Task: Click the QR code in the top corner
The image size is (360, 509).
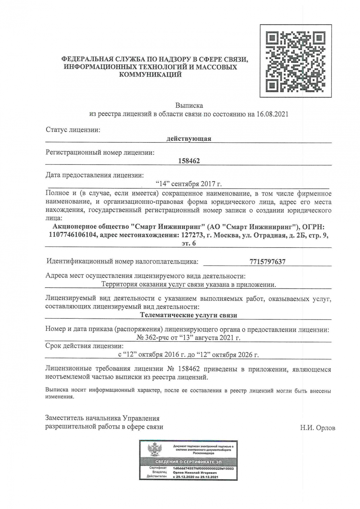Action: click(296, 61)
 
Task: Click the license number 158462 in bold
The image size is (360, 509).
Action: click(189, 161)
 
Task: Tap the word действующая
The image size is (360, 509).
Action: click(189, 139)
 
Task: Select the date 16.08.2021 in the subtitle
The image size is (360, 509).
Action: click(272, 114)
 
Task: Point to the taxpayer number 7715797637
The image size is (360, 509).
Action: click(267, 262)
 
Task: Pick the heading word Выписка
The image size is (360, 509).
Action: click(189, 105)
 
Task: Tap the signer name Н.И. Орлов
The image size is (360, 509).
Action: click(317, 428)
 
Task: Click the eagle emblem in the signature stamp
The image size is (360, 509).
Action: click(155, 450)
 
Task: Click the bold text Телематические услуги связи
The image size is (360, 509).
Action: click(189, 315)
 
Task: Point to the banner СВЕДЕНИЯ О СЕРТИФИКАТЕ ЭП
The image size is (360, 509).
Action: click(188, 462)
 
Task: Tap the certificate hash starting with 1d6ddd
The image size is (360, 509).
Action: click(203, 469)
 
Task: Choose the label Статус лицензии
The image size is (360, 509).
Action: click(73, 130)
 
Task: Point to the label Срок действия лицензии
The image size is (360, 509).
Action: click(84, 346)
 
